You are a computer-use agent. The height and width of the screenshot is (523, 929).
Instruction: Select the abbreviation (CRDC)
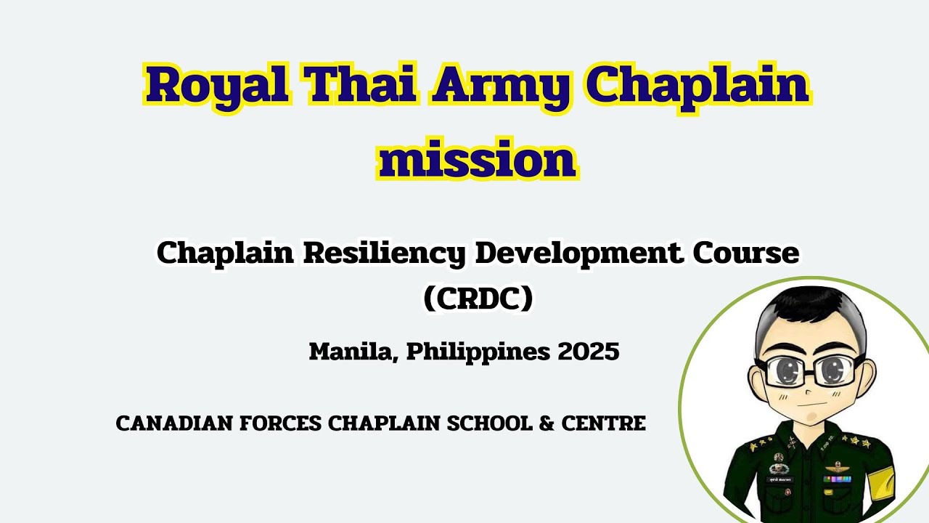click(478, 299)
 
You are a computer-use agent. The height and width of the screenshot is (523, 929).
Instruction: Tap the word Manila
click(353, 352)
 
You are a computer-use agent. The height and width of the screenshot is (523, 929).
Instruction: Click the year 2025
click(589, 352)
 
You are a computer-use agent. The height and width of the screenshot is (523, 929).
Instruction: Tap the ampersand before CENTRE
click(547, 423)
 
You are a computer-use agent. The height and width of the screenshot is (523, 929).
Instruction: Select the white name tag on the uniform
click(781, 479)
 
